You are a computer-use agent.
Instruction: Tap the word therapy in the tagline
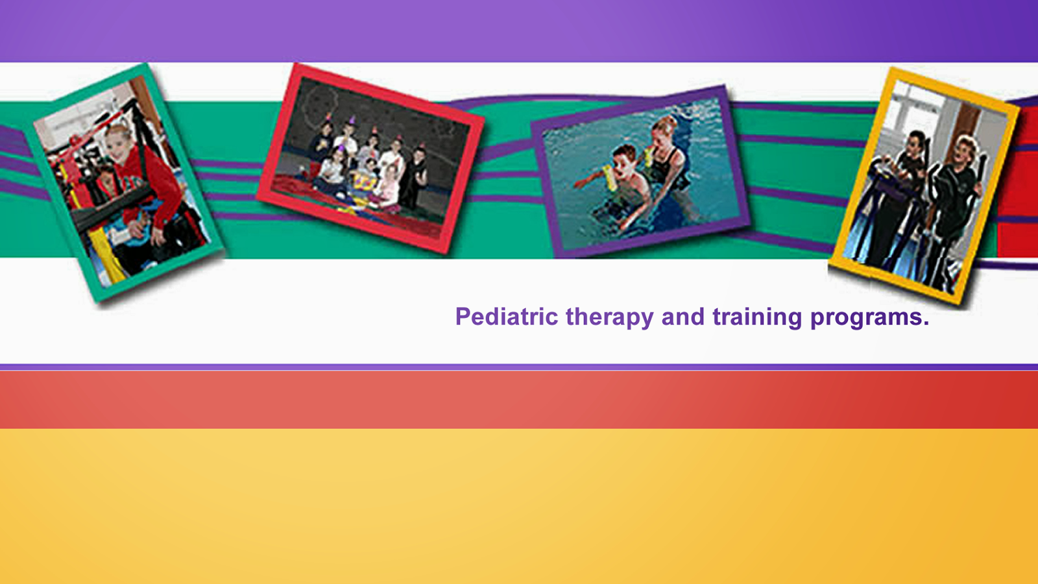pos(609,318)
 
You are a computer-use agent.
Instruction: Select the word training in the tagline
pos(756,318)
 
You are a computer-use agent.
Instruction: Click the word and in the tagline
pos(682,317)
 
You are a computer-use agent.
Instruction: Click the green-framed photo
pos(124,182)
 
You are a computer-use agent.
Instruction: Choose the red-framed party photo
pos(370,158)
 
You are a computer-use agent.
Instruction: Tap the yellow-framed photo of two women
pos(924,186)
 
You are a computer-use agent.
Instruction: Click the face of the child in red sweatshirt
pos(117,144)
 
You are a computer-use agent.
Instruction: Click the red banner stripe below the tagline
pos(519,400)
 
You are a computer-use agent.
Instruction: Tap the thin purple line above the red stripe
pos(519,367)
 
